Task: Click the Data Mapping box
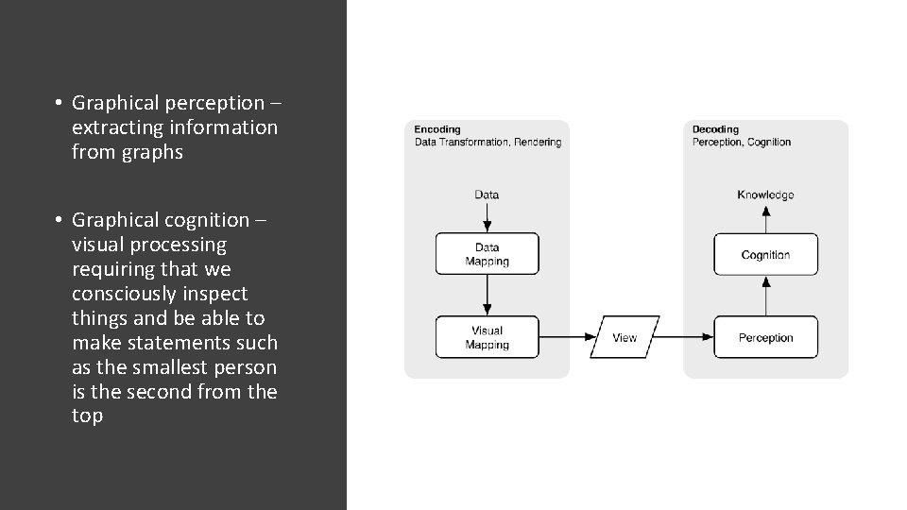point(487,254)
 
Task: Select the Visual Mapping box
point(487,337)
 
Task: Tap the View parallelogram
point(625,337)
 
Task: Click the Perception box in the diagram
point(765,337)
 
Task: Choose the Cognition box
point(765,254)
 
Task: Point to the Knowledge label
point(765,195)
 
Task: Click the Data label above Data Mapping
point(487,195)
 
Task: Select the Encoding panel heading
point(437,129)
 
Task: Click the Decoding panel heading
point(715,129)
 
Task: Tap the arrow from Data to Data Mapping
point(487,217)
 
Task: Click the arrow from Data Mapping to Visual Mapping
point(487,296)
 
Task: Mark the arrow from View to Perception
point(686,337)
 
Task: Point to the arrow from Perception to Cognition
point(765,296)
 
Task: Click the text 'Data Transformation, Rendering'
point(488,143)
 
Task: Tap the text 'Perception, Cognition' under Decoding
point(742,143)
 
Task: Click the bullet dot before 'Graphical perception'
point(58,102)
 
